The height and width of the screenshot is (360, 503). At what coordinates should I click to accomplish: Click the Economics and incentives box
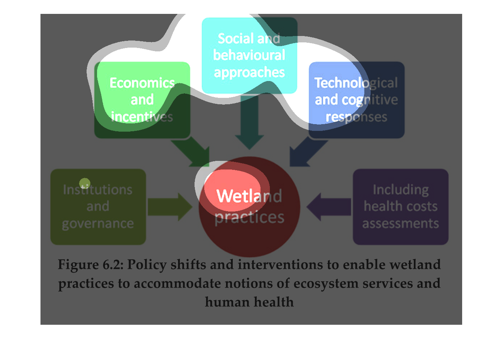[142, 100]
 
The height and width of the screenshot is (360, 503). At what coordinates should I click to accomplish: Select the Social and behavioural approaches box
[249, 55]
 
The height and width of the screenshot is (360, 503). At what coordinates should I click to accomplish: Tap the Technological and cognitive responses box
[356, 100]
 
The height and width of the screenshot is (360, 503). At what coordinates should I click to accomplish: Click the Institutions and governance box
[98, 207]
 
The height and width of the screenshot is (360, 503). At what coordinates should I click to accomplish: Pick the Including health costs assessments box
[400, 207]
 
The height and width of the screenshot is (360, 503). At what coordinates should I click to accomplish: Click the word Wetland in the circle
[249, 196]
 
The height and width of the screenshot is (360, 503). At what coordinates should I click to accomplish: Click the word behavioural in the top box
[249, 55]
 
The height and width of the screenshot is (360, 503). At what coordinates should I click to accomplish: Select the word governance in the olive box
[98, 223]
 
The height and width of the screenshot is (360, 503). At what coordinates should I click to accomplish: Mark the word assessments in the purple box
[400, 223]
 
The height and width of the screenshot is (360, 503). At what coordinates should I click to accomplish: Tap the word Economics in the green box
[142, 83]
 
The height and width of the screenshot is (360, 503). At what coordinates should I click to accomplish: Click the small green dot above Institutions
[85, 183]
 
